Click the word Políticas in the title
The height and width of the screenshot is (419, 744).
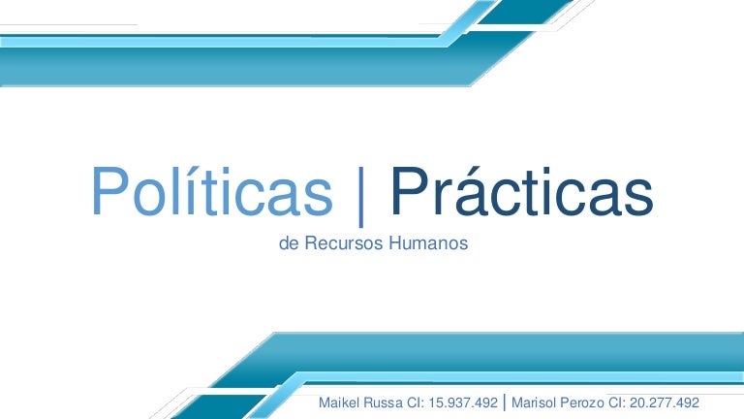212,191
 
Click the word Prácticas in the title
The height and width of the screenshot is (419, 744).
522,191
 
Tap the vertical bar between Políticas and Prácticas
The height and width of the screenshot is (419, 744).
361,197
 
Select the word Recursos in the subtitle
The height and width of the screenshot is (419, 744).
344,243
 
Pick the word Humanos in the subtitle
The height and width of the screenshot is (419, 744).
428,243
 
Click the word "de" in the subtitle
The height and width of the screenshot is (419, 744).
289,243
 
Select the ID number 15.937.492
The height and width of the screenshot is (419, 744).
463,403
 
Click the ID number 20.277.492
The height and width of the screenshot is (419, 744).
665,403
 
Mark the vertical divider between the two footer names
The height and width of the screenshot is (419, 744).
505,403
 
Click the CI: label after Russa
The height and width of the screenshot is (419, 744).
416,403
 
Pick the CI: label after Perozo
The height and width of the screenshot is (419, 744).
617,403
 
